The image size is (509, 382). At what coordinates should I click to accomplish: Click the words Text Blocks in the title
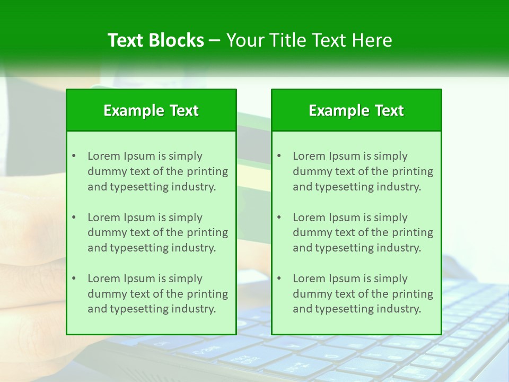tap(155, 40)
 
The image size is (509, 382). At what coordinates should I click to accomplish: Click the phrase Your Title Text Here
tap(309, 40)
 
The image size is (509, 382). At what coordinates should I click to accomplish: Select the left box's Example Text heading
tap(151, 110)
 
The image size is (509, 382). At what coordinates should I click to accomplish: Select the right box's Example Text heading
tap(356, 110)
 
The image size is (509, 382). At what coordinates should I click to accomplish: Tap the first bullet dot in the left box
tap(74, 156)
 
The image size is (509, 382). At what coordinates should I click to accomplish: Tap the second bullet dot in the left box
tap(74, 218)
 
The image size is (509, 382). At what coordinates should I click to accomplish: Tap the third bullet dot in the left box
tap(74, 279)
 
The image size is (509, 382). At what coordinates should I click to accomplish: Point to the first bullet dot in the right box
tap(279, 156)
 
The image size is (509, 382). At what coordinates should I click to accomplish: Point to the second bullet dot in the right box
tap(279, 218)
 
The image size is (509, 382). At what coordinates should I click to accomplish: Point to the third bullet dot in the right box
tap(279, 279)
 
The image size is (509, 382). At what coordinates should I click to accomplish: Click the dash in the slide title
tap(215, 41)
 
